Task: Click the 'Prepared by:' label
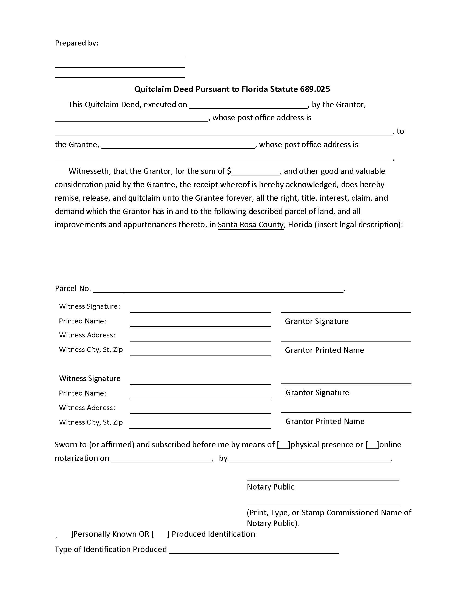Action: click(76, 43)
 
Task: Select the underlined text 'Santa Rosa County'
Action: click(250, 224)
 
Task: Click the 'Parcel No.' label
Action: click(73, 288)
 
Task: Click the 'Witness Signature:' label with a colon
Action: click(89, 306)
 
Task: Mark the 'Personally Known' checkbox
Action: click(64, 534)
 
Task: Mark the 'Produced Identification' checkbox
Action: click(160, 534)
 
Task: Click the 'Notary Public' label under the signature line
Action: click(270, 487)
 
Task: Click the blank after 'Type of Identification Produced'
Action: click(254, 550)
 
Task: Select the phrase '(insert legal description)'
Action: click(358, 224)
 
